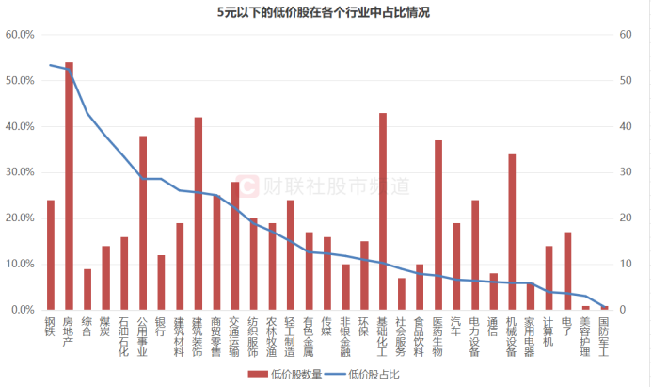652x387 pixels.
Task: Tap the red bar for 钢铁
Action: click(x=51, y=255)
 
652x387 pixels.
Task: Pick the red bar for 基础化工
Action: click(x=383, y=212)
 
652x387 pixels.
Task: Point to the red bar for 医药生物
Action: click(x=438, y=225)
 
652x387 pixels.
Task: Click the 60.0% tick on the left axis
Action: click(x=20, y=35)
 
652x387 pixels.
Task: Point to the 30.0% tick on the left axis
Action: click(x=20, y=172)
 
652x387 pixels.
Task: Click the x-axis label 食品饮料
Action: click(x=420, y=337)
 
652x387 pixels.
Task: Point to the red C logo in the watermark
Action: click(x=246, y=185)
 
